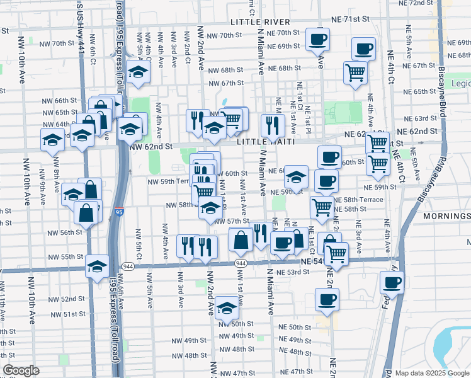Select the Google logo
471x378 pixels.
(x=21, y=371)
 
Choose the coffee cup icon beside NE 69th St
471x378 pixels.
(x=317, y=39)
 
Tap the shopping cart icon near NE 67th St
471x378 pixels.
(x=356, y=72)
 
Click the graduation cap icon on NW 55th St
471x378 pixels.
(x=98, y=266)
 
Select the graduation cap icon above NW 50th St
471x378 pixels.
(x=226, y=308)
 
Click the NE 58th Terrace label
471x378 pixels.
(x=358, y=199)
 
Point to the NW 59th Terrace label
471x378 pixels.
(x=169, y=181)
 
